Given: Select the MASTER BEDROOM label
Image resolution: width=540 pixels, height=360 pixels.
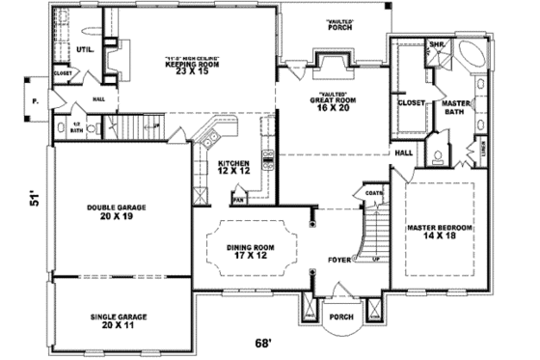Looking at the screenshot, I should [x=439, y=231].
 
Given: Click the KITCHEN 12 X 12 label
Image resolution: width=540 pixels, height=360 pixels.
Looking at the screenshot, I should [x=234, y=167].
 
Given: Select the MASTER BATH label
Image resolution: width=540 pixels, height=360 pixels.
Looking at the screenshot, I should [x=455, y=107].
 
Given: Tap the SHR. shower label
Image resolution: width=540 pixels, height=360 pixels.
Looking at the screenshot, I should [x=436, y=44].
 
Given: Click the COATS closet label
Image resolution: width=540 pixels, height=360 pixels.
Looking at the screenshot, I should [x=374, y=192].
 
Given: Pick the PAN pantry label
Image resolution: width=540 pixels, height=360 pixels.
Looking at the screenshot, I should [x=238, y=200].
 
